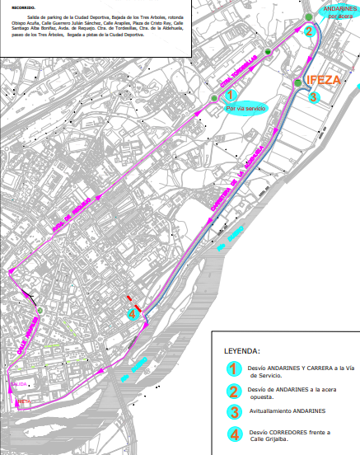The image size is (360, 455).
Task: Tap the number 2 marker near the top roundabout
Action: click(x=309, y=32)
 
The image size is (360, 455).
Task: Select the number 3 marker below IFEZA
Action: click(x=313, y=96)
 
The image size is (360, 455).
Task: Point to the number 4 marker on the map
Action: click(x=132, y=312)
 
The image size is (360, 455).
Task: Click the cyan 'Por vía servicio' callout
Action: click(x=245, y=109)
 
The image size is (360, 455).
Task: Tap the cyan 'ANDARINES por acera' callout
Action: click(x=339, y=11)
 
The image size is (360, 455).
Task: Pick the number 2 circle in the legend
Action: click(x=235, y=391)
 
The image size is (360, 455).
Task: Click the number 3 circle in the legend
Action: click(x=235, y=410)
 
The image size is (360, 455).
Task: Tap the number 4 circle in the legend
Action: click(x=235, y=434)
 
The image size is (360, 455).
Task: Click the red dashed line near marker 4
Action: click(x=129, y=301)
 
